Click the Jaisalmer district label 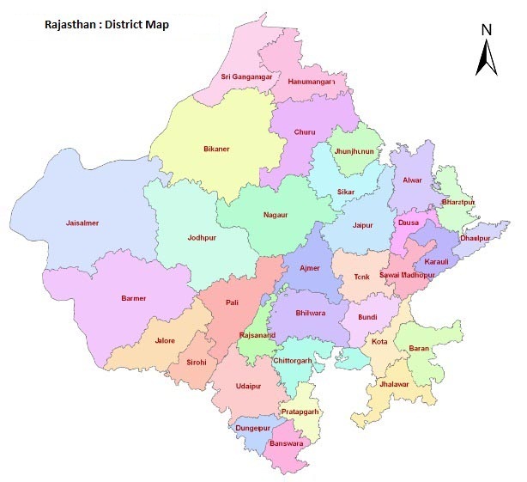(x=82, y=223)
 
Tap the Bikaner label (x=216, y=149)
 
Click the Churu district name (x=305, y=133)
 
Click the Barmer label (x=133, y=298)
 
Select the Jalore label (x=164, y=340)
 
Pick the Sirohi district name (x=197, y=362)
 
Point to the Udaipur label (x=248, y=386)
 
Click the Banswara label (x=286, y=442)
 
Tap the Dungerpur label (x=253, y=427)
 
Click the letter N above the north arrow (x=487, y=29)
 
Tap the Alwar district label (x=411, y=181)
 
